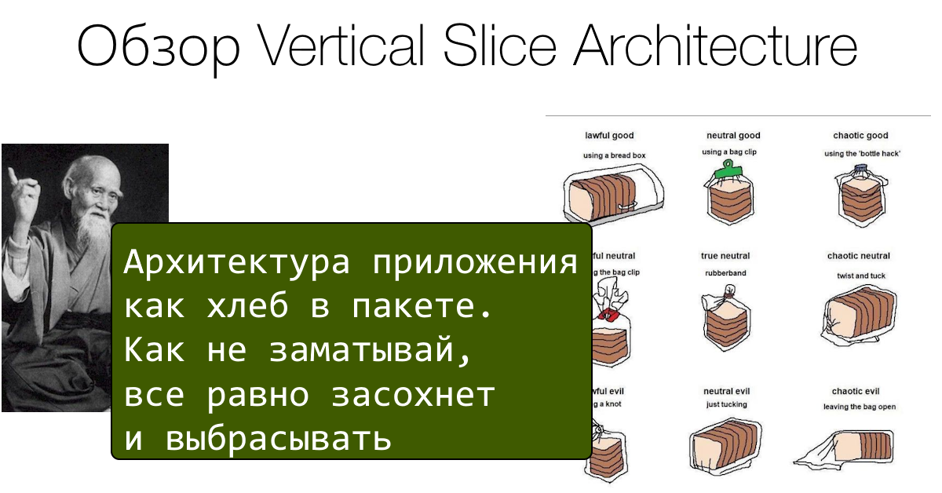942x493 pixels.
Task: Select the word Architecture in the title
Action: (714, 48)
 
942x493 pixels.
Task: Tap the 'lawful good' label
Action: (609, 136)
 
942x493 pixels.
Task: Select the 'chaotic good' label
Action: (860, 136)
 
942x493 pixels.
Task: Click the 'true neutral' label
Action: (725, 256)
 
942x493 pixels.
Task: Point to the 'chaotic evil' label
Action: (856, 391)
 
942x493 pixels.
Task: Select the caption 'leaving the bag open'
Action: (859, 407)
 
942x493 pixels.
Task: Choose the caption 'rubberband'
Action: (725, 273)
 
